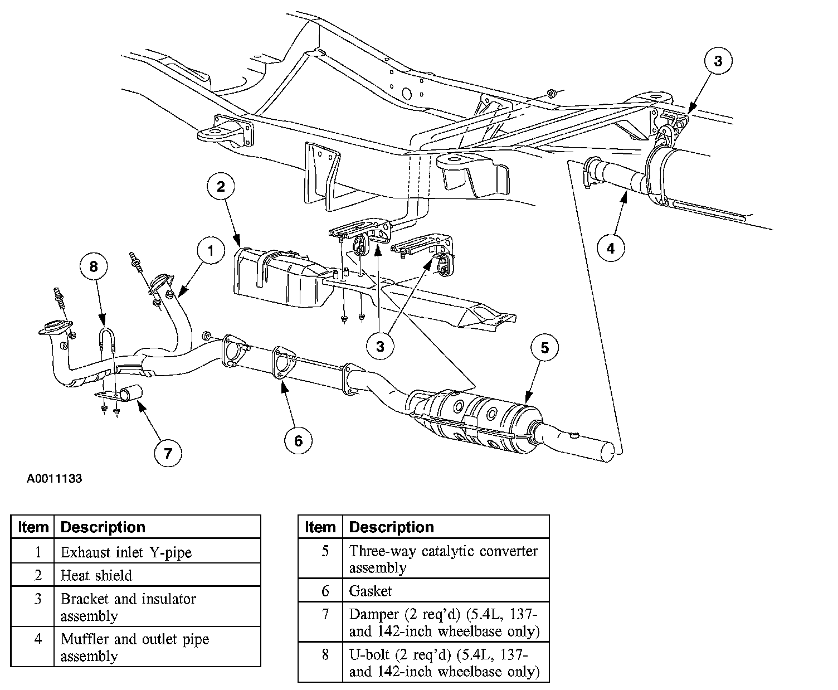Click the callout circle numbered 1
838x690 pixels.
pos(210,251)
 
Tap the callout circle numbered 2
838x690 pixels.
pos(221,186)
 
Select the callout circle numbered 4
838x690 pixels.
pos(611,248)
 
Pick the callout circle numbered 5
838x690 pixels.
pos(544,348)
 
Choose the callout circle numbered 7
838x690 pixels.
pos(168,453)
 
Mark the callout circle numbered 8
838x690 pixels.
pos(93,267)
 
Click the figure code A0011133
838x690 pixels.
pos(54,479)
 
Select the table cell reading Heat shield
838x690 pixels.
pos(158,575)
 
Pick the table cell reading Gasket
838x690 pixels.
pos(445,591)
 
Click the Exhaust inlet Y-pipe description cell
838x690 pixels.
pos(158,552)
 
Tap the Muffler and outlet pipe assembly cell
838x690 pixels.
pos(158,647)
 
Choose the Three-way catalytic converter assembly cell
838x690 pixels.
pos(445,559)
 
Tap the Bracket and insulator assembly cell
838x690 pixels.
pos(158,607)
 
